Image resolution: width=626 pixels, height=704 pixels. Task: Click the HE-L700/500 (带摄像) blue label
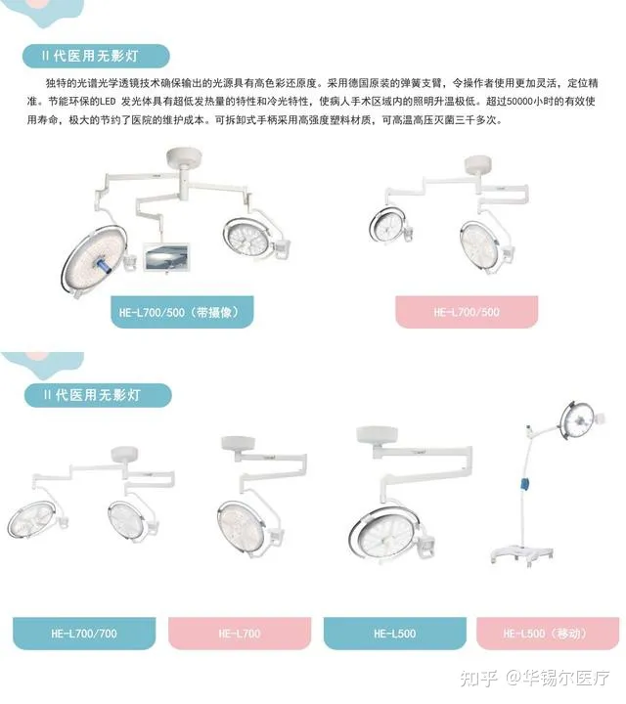click(x=183, y=312)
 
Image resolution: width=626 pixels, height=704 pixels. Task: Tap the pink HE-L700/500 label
click(x=467, y=312)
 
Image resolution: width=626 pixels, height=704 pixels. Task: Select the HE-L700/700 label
click(x=84, y=634)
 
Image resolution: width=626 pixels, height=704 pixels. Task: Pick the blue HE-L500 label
click(x=395, y=634)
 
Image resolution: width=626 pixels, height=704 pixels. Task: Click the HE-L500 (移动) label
click(x=548, y=634)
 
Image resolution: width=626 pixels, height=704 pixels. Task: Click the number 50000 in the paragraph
click(x=521, y=101)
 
